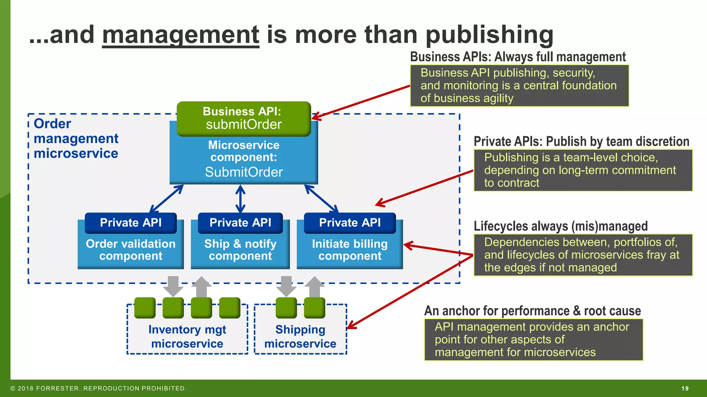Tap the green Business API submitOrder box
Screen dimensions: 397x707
pyautogui.click(x=244, y=118)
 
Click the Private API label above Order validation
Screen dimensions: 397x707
pyautogui.click(x=130, y=223)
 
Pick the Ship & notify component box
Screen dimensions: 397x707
pyautogui.click(x=240, y=250)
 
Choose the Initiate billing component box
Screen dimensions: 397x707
pyautogui.click(x=350, y=250)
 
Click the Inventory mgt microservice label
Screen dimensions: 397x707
pyautogui.click(x=187, y=336)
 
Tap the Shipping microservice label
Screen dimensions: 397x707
pyautogui.click(x=300, y=336)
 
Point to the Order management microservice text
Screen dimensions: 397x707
pyautogui.click(x=76, y=139)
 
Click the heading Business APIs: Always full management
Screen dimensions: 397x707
pyautogui.click(x=518, y=57)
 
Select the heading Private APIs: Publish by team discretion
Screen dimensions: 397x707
pyautogui.click(x=581, y=141)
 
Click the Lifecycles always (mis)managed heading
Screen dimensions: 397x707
pyautogui.click(x=561, y=226)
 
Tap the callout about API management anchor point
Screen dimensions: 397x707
pyautogui.click(x=533, y=339)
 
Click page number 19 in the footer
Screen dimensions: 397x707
pyautogui.click(x=685, y=388)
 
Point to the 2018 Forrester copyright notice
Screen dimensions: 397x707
pyautogui.click(x=98, y=388)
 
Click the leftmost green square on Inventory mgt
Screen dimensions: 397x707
pyautogui.click(x=145, y=308)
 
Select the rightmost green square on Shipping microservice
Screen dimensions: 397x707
pyautogui.click(x=314, y=308)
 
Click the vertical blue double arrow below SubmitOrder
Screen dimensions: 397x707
pyautogui.click(x=240, y=199)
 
